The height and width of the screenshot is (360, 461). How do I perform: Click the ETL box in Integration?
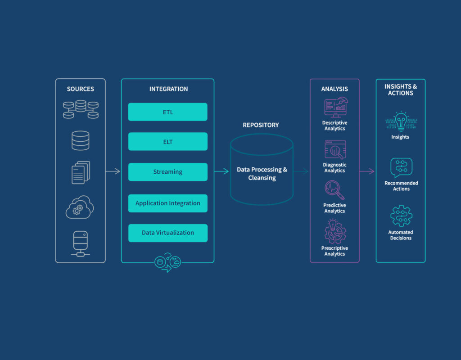tap(167, 112)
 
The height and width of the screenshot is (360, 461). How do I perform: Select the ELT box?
tap(167, 142)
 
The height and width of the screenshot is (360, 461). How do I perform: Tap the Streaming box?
tap(167, 172)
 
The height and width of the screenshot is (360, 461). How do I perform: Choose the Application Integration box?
tap(167, 203)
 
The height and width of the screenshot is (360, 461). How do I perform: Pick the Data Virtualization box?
tap(167, 233)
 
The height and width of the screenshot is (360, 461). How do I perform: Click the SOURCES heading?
tap(80, 89)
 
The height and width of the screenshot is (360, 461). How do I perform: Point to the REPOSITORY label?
tap(261, 125)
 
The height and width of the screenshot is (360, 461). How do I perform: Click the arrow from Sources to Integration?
tap(113, 171)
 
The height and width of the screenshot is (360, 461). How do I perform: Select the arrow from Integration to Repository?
tap(221, 171)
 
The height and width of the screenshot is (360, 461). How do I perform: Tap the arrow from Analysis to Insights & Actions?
tap(367, 171)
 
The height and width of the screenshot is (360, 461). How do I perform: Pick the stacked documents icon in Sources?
tap(81, 172)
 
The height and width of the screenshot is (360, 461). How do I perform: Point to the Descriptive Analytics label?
tap(334, 126)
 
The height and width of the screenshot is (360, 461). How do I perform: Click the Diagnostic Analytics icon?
tap(335, 150)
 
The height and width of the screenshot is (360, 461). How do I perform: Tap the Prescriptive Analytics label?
tap(334, 251)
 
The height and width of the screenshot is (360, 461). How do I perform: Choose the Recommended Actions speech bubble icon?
tap(401, 168)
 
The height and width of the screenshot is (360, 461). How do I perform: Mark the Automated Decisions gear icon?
tap(401, 216)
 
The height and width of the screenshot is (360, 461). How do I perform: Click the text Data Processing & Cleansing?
tap(262, 174)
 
